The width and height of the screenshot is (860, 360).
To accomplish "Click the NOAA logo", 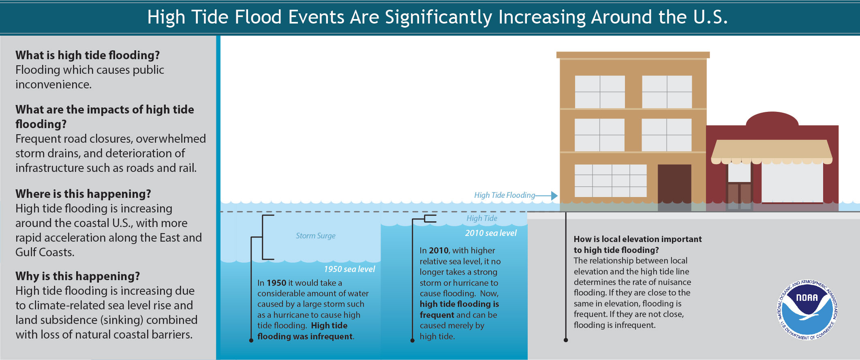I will (x=807, y=309).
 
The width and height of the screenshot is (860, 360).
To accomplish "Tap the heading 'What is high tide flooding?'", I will (x=88, y=55).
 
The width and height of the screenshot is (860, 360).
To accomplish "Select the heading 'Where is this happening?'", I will (x=83, y=194).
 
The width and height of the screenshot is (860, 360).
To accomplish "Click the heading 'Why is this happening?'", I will (x=77, y=276).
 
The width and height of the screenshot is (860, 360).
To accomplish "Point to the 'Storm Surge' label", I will (x=315, y=236).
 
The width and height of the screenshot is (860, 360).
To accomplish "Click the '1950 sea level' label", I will (x=349, y=269).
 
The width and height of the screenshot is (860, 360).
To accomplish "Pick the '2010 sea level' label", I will (x=490, y=233).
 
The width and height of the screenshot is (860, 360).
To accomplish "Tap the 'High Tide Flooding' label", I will (x=504, y=195).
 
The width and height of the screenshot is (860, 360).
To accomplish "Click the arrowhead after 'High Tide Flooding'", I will (x=554, y=196).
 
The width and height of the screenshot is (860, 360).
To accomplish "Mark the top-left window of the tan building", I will (x=599, y=92).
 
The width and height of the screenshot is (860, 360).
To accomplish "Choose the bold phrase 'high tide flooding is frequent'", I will (x=459, y=309).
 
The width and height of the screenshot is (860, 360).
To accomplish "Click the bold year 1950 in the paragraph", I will (x=276, y=283).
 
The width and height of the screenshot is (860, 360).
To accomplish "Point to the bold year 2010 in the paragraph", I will (x=439, y=251).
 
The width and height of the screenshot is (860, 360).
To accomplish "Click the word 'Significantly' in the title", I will (x=439, y=17).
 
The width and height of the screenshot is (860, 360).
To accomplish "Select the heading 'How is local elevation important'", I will (x=638, y=239).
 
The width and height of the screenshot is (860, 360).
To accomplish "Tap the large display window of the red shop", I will (x=792, y=183).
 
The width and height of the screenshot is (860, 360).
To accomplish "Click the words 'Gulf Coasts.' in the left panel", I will (x=45, y=252).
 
